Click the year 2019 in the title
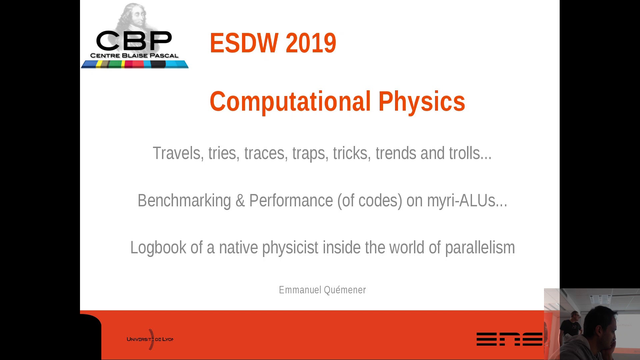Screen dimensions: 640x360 pyautogui.click(x=311, y=43)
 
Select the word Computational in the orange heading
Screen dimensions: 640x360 pyautogui.click(x=290, y=102)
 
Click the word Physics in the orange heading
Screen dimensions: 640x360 pyautogui.click(x=422, y=102)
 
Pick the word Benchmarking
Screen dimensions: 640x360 pyautogui.click(x=184, y=201)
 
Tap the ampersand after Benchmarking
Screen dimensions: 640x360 pyautogui.click(x=240, y=201)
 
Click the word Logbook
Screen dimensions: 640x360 pyautogui.click(x=158, y=248)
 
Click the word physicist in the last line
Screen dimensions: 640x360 pyautogui.click(x=290, y=248)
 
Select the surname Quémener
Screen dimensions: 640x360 pyautogui.click(x=345, y=290)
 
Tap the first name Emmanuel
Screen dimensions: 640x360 pyautogui.click(x=300, y=290)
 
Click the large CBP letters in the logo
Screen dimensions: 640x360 pyautogui.click(x=134, y=41)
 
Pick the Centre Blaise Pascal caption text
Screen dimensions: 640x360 pyautogui.click(x=134, y=56)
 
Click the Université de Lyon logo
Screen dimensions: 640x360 pyautogui.click(x=150, y=339)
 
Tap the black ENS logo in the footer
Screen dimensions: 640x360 pyautogui.click(x=509, y=339)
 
